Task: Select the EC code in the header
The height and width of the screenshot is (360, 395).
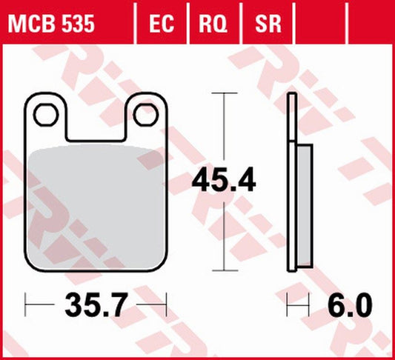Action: point(161,24)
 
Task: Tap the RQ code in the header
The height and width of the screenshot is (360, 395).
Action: point(213,24)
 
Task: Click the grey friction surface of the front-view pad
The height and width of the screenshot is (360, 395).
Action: point(95,207)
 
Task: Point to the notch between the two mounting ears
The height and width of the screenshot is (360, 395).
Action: point(95,122)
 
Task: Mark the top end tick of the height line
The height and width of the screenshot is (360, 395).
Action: point(223,93)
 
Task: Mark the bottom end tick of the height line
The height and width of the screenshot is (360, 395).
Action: point(223,270)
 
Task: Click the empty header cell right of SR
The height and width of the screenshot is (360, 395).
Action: point(320,24)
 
